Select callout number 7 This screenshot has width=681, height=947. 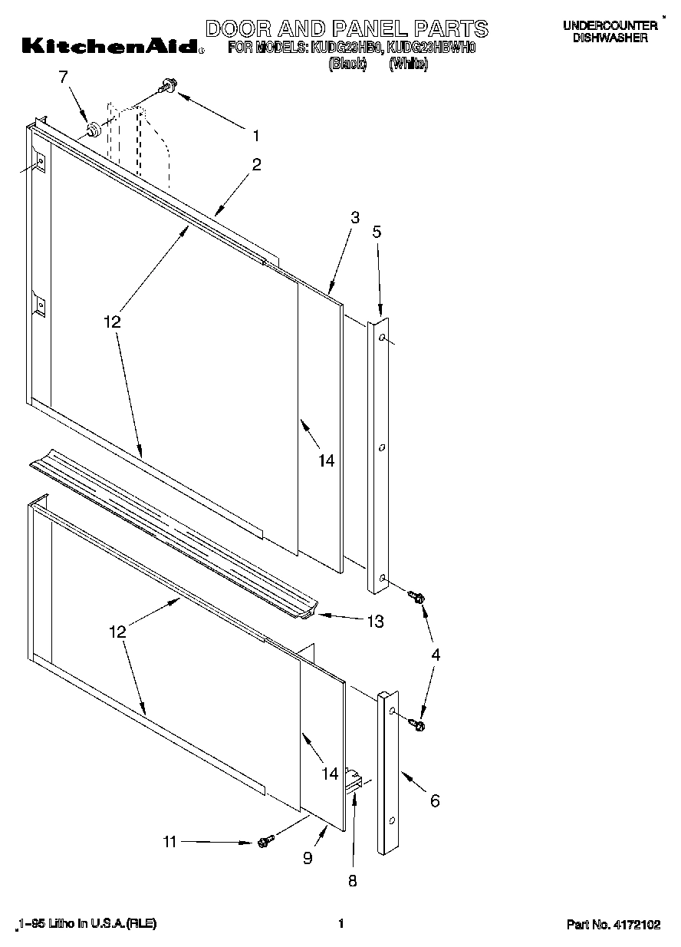(63, 77)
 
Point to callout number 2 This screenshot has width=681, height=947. (256, 164)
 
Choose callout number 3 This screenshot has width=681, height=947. (355, 218)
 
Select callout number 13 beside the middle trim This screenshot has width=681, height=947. (374, 622)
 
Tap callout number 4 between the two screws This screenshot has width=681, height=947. (436, 655)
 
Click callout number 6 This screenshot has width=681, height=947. (435, 801)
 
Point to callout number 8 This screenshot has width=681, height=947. (353, 881)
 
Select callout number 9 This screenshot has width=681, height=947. (308, 859)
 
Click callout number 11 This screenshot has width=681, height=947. (169, 842)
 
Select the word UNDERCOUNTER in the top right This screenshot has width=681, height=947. (610, 25)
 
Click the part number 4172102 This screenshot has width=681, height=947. (636, 925)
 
